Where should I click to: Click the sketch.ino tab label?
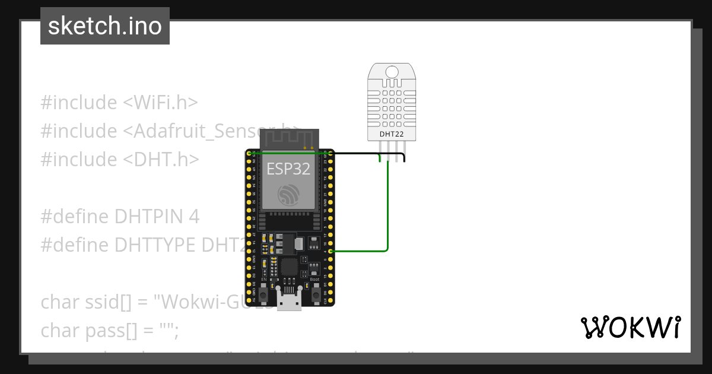point(105,26)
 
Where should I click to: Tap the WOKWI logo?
point(630,328)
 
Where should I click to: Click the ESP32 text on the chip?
point(288,169)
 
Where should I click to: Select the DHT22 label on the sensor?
point(392,135)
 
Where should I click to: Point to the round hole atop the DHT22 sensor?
point(392,72)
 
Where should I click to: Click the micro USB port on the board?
point(290,302)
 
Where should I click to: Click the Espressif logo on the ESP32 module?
point(289,195)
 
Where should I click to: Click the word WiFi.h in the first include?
point(160,103)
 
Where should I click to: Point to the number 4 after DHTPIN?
point(193,217)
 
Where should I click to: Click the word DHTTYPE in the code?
point(155,245)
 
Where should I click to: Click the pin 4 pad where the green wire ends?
point(330,252)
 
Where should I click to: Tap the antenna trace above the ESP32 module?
point(288,140)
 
